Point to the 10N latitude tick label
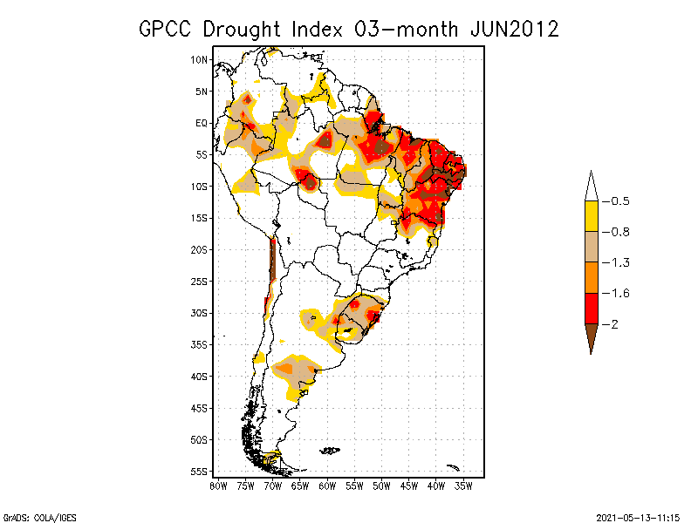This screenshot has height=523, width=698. click(199, 59)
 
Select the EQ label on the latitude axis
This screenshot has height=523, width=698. click(202, 123)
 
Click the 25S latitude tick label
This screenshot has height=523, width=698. click(199, 281)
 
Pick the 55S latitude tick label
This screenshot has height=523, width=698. click(199, 471)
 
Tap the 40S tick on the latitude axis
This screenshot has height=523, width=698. click(199, 376)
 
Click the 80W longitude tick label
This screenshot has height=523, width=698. click(218, 485)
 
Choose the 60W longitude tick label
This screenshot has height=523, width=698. click(327, 485)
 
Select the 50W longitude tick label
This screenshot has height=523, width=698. click(381, 485)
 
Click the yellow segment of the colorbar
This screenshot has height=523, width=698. click(591, 216)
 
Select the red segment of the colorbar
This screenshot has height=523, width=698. click(591, 308)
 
